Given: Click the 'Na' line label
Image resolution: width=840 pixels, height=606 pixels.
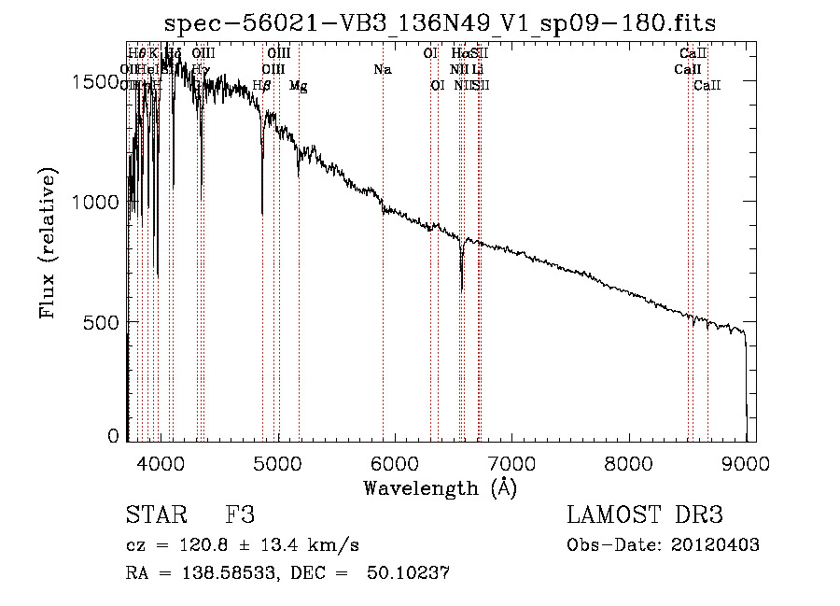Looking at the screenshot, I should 382,69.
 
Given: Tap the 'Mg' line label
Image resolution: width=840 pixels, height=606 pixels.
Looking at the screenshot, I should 298,85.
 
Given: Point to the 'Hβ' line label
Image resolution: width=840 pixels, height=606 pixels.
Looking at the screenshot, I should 262,85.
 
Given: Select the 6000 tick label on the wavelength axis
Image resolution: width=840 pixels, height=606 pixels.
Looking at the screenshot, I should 394,462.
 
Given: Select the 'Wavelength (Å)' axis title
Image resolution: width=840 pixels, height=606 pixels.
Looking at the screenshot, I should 440,487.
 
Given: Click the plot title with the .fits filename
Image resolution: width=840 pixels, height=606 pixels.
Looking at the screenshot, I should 441,23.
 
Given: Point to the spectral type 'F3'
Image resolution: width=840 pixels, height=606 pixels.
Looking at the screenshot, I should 240,516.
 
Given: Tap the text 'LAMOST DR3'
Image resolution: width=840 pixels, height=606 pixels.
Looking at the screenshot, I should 645,516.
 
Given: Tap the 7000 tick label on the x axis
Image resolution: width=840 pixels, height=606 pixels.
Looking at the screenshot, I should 511,462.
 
